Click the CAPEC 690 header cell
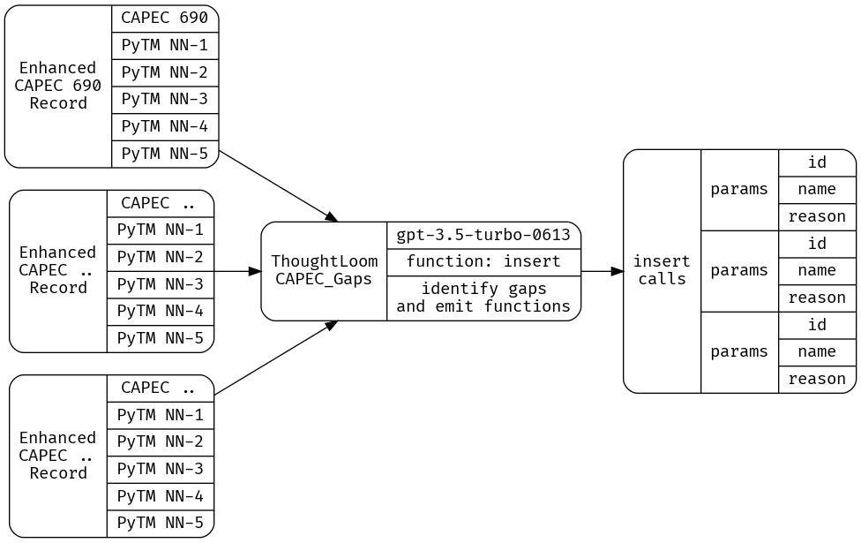164,18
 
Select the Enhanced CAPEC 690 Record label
58,86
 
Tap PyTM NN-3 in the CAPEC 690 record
164,99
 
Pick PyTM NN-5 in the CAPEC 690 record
164,154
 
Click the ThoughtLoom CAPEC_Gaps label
324,270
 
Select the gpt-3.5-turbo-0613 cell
483,235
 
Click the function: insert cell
483,262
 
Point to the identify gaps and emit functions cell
483,298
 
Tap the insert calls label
662,270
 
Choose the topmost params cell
739,189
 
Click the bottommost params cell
739,351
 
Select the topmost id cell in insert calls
817,162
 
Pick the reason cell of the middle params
817,298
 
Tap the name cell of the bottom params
817,351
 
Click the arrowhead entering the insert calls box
617,271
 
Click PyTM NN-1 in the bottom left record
160,415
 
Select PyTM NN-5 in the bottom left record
160,523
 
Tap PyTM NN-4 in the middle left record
160,311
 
